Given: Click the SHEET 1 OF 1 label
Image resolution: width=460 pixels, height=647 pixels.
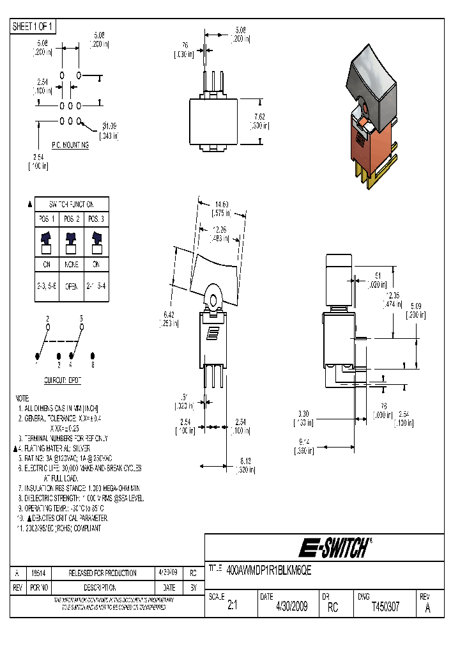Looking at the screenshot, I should click(33, 26).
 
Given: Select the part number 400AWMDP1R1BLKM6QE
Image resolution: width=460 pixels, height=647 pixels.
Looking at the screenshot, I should click(269, 568).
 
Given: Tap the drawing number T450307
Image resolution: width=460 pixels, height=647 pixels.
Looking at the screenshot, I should click(385, 607).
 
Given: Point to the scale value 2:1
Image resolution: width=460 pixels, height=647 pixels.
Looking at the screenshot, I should click(231, 607).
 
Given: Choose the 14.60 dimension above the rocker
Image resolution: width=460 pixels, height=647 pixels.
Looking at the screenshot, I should click(220, 204).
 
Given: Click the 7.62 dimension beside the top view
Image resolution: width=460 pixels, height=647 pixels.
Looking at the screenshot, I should click(259, 116).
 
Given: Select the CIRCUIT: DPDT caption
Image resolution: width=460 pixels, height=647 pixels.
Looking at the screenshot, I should click(62, 380).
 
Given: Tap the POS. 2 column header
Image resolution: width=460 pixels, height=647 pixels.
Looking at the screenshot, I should click(70, 219).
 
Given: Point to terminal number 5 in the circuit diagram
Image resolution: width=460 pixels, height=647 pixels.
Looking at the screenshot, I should click(82, 318).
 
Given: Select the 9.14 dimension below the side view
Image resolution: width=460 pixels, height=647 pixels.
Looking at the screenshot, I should click(304, 441).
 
